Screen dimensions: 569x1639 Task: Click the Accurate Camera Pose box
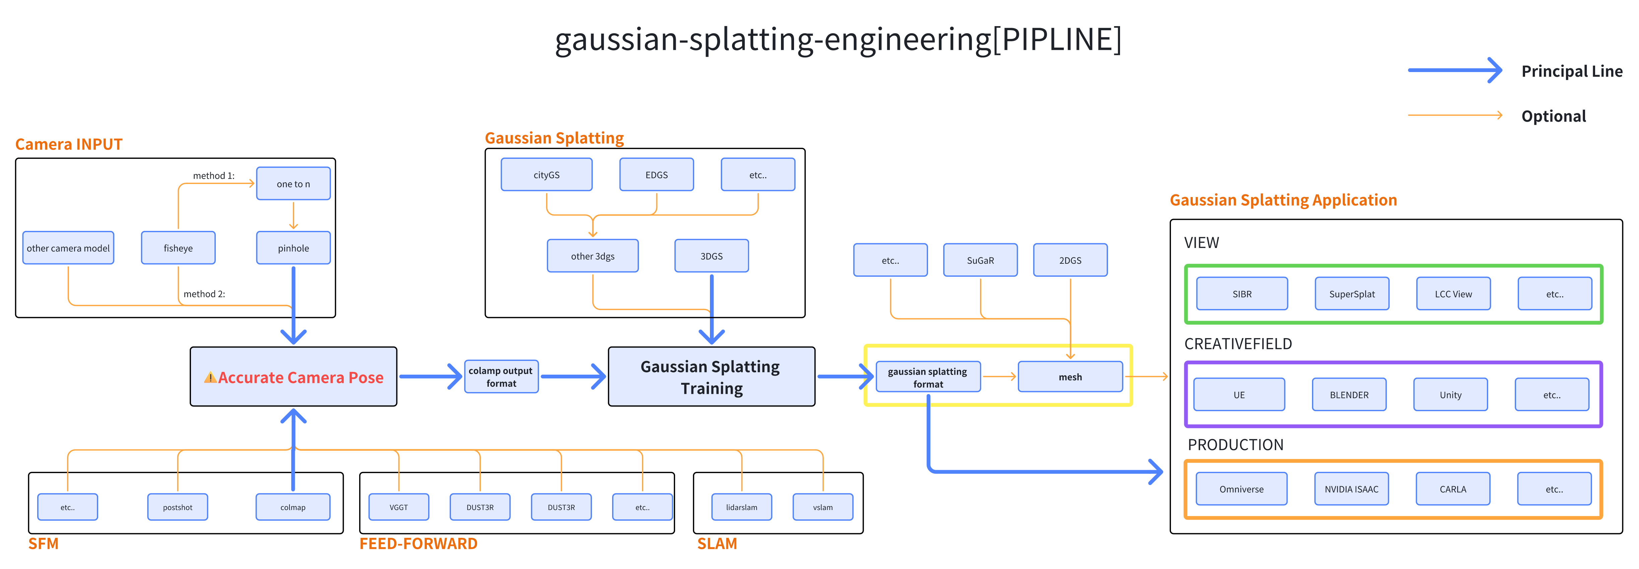coord(293,377)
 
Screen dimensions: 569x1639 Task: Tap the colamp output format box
coord(501,377)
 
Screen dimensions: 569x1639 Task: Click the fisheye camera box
coord(178,248)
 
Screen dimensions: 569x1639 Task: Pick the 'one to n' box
coord(293,184)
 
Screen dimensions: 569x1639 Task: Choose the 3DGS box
coord(711,256)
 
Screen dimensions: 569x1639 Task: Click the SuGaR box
coord(980,260)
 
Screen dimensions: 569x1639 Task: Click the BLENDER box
coord(1349,395)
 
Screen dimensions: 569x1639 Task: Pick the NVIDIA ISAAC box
coord(1352,489)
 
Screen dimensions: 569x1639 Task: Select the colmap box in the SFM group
coord(293,507)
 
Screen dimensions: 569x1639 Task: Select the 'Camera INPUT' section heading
coord(69,144)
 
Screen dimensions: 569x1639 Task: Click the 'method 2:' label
coord(204,294)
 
